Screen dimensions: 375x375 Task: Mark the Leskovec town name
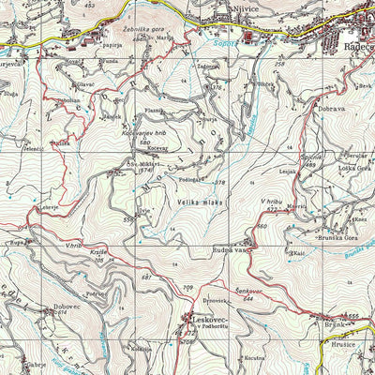(x=209, y=319)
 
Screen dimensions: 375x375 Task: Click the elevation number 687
(x=145, y=278)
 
